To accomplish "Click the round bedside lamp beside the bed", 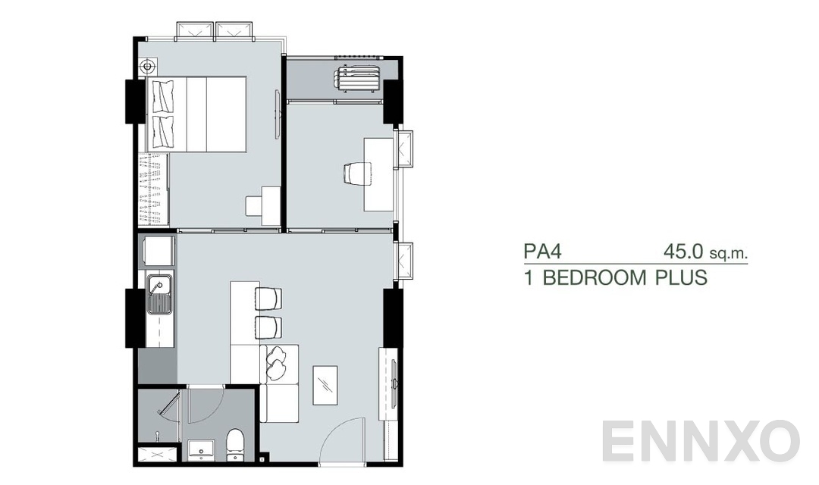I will click(x=147, y=67).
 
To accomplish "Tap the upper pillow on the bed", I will click(x=163, y=96).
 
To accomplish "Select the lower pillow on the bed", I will click(x=163, y=131).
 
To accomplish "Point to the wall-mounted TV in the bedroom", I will click(x=278, y=114).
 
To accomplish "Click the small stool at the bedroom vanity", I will click(x=253, y=205).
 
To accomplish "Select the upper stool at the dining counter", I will click(x=268, y=299).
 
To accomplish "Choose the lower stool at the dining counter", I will click(x=268, y=327).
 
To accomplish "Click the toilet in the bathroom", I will click(x=235, y=443).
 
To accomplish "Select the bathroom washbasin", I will click(x=201, y=448).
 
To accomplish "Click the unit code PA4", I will click(x=541, y=251).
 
